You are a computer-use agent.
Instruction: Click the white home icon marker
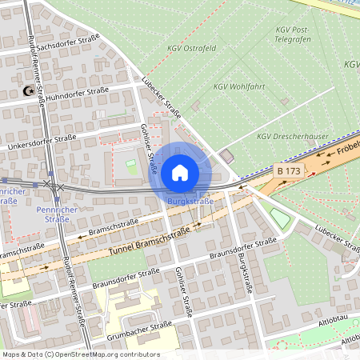[x=180, y=173]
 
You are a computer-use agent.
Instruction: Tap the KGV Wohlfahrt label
[x=239, y=86]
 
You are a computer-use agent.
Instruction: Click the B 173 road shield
[x=289, y=171]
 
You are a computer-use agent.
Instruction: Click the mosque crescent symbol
[x=30, y=92]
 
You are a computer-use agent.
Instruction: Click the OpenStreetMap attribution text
[x=81, y=354]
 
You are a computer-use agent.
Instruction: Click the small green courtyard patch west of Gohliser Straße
[x=130, y=166]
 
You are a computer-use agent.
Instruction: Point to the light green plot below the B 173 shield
[x=281, y=217]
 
